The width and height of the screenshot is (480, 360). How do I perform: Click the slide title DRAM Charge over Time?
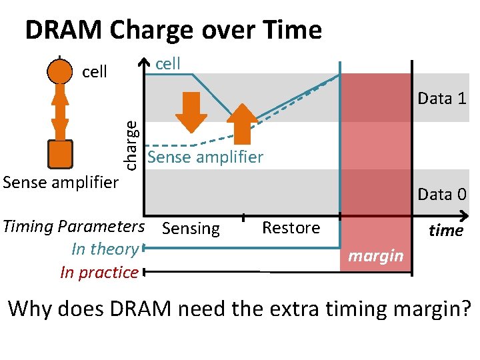click(x=173, y=30)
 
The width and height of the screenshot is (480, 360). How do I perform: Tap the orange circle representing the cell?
click(x=60, y=71)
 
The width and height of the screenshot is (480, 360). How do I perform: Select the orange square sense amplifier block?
click(x=60, y=155)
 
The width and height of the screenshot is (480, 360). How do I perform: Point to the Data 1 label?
click(x=441, y=99)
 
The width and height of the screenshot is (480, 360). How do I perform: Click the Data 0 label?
click(x=441, y=195)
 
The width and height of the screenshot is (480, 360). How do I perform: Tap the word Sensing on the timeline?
click(x=191, y=229)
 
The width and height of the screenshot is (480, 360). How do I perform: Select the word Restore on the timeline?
click(x=291, y=228)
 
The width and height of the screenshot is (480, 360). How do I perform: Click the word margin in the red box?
click(x=376, y=256)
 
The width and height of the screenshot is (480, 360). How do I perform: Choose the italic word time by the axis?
click(x=445, y=231)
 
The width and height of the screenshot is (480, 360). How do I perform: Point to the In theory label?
click(x=105, y=249)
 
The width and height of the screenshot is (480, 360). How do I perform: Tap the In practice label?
click(x=99, y=272)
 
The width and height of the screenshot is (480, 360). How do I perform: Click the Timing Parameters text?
click(x=73, y=227)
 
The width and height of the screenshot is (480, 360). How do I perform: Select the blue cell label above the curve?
click(x=167, y=64)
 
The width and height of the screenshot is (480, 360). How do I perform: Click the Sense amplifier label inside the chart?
click(x=205, y=158)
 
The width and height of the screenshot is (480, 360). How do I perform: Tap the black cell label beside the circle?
click(x=94, y=72)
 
